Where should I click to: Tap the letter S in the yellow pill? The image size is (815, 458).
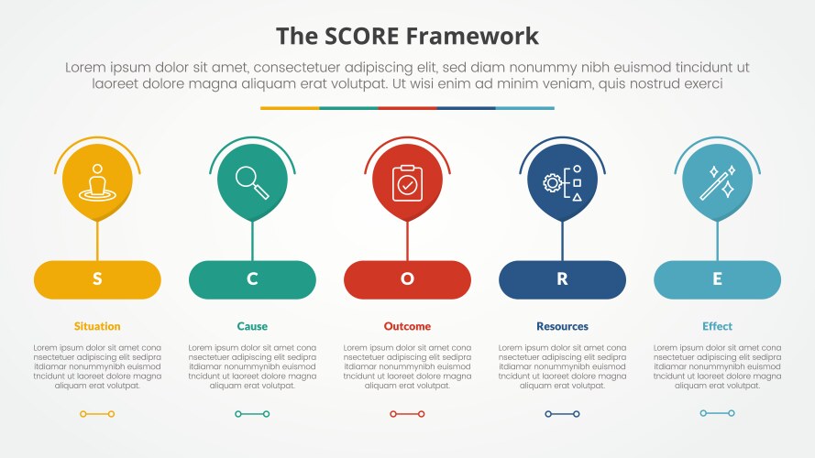point(97,280)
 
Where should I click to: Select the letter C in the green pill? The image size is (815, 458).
point(252,280)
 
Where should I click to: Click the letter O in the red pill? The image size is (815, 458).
point(407,280)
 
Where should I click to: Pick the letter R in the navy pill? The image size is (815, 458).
point(562,280)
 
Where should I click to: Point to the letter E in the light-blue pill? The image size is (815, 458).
point(717,280)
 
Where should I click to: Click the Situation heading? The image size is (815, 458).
point(97,326)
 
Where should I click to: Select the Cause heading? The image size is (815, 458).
point(252,326)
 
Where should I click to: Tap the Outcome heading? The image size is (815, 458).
point(407,326)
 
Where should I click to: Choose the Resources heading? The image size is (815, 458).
point(562,326)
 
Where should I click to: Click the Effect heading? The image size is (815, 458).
point(717,326)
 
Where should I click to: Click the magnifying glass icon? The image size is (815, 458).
point(252,180)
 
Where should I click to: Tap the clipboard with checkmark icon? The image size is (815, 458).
point(407,182)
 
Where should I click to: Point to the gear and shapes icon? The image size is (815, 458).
point(562,182)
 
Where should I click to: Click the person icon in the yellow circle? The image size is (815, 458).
point(97,182)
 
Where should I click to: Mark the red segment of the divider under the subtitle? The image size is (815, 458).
point(407,108)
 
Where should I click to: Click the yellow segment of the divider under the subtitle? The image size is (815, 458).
point(290,108)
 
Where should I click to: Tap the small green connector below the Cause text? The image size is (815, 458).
point(252,414)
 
